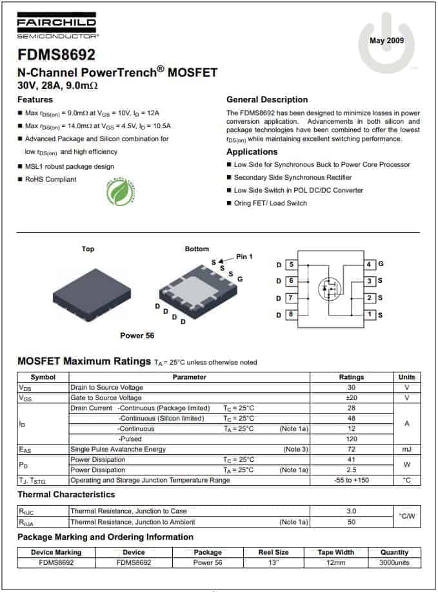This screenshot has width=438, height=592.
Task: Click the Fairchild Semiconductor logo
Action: [x=57, y=27]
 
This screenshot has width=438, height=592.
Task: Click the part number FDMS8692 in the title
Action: [x=56, y=55]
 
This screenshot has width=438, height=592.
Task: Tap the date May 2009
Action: [x=386, y=41]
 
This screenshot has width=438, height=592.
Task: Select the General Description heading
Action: [x=267, y=100]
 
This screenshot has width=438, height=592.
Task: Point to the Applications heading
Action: [x=252, y=152]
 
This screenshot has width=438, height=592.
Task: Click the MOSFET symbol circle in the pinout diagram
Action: [x=330, y=289]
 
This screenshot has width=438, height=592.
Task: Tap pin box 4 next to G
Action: [x=370, y=264]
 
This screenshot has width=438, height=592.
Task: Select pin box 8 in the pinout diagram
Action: [x=292, y=315]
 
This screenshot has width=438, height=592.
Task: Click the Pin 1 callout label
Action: [x=244, y=256]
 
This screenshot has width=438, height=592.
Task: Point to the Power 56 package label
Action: [x=137, y=336]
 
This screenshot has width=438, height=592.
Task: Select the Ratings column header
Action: [x=351, y=377]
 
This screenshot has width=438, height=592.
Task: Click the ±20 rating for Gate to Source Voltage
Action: [x=351, y=398]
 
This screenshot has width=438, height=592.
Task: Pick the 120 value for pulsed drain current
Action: [x=351, y=439]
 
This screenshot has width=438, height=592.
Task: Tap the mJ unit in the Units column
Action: [x=406, y=449]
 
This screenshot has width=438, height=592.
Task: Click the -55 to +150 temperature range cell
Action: [x=351, y=481]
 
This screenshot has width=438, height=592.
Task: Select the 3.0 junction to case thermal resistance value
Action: [x=351, y=511]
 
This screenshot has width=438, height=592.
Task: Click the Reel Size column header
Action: [x=274, y=553]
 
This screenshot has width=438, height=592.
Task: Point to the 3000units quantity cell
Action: [x=394, y=562]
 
